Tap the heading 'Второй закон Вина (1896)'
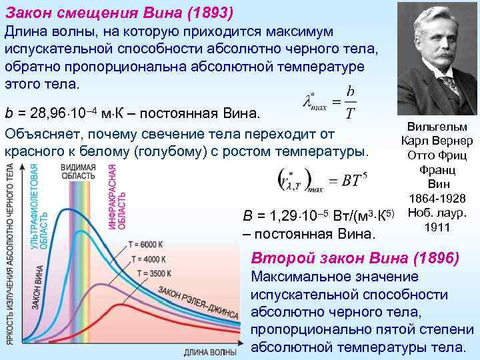click(x=354, y=258)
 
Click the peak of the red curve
click(x=120, y=305)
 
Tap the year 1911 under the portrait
click(x=437, y=227)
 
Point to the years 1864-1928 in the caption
click(x=437, y=198)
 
